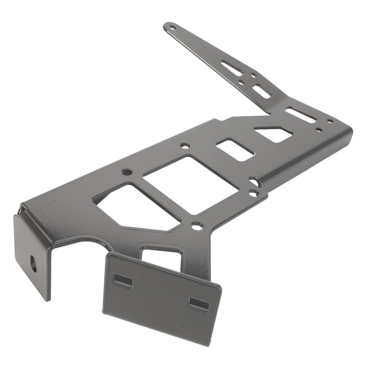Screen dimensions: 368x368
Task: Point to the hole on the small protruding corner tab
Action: [x=253, y=192]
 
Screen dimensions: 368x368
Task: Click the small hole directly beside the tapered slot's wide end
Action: [x=254, y=75]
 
